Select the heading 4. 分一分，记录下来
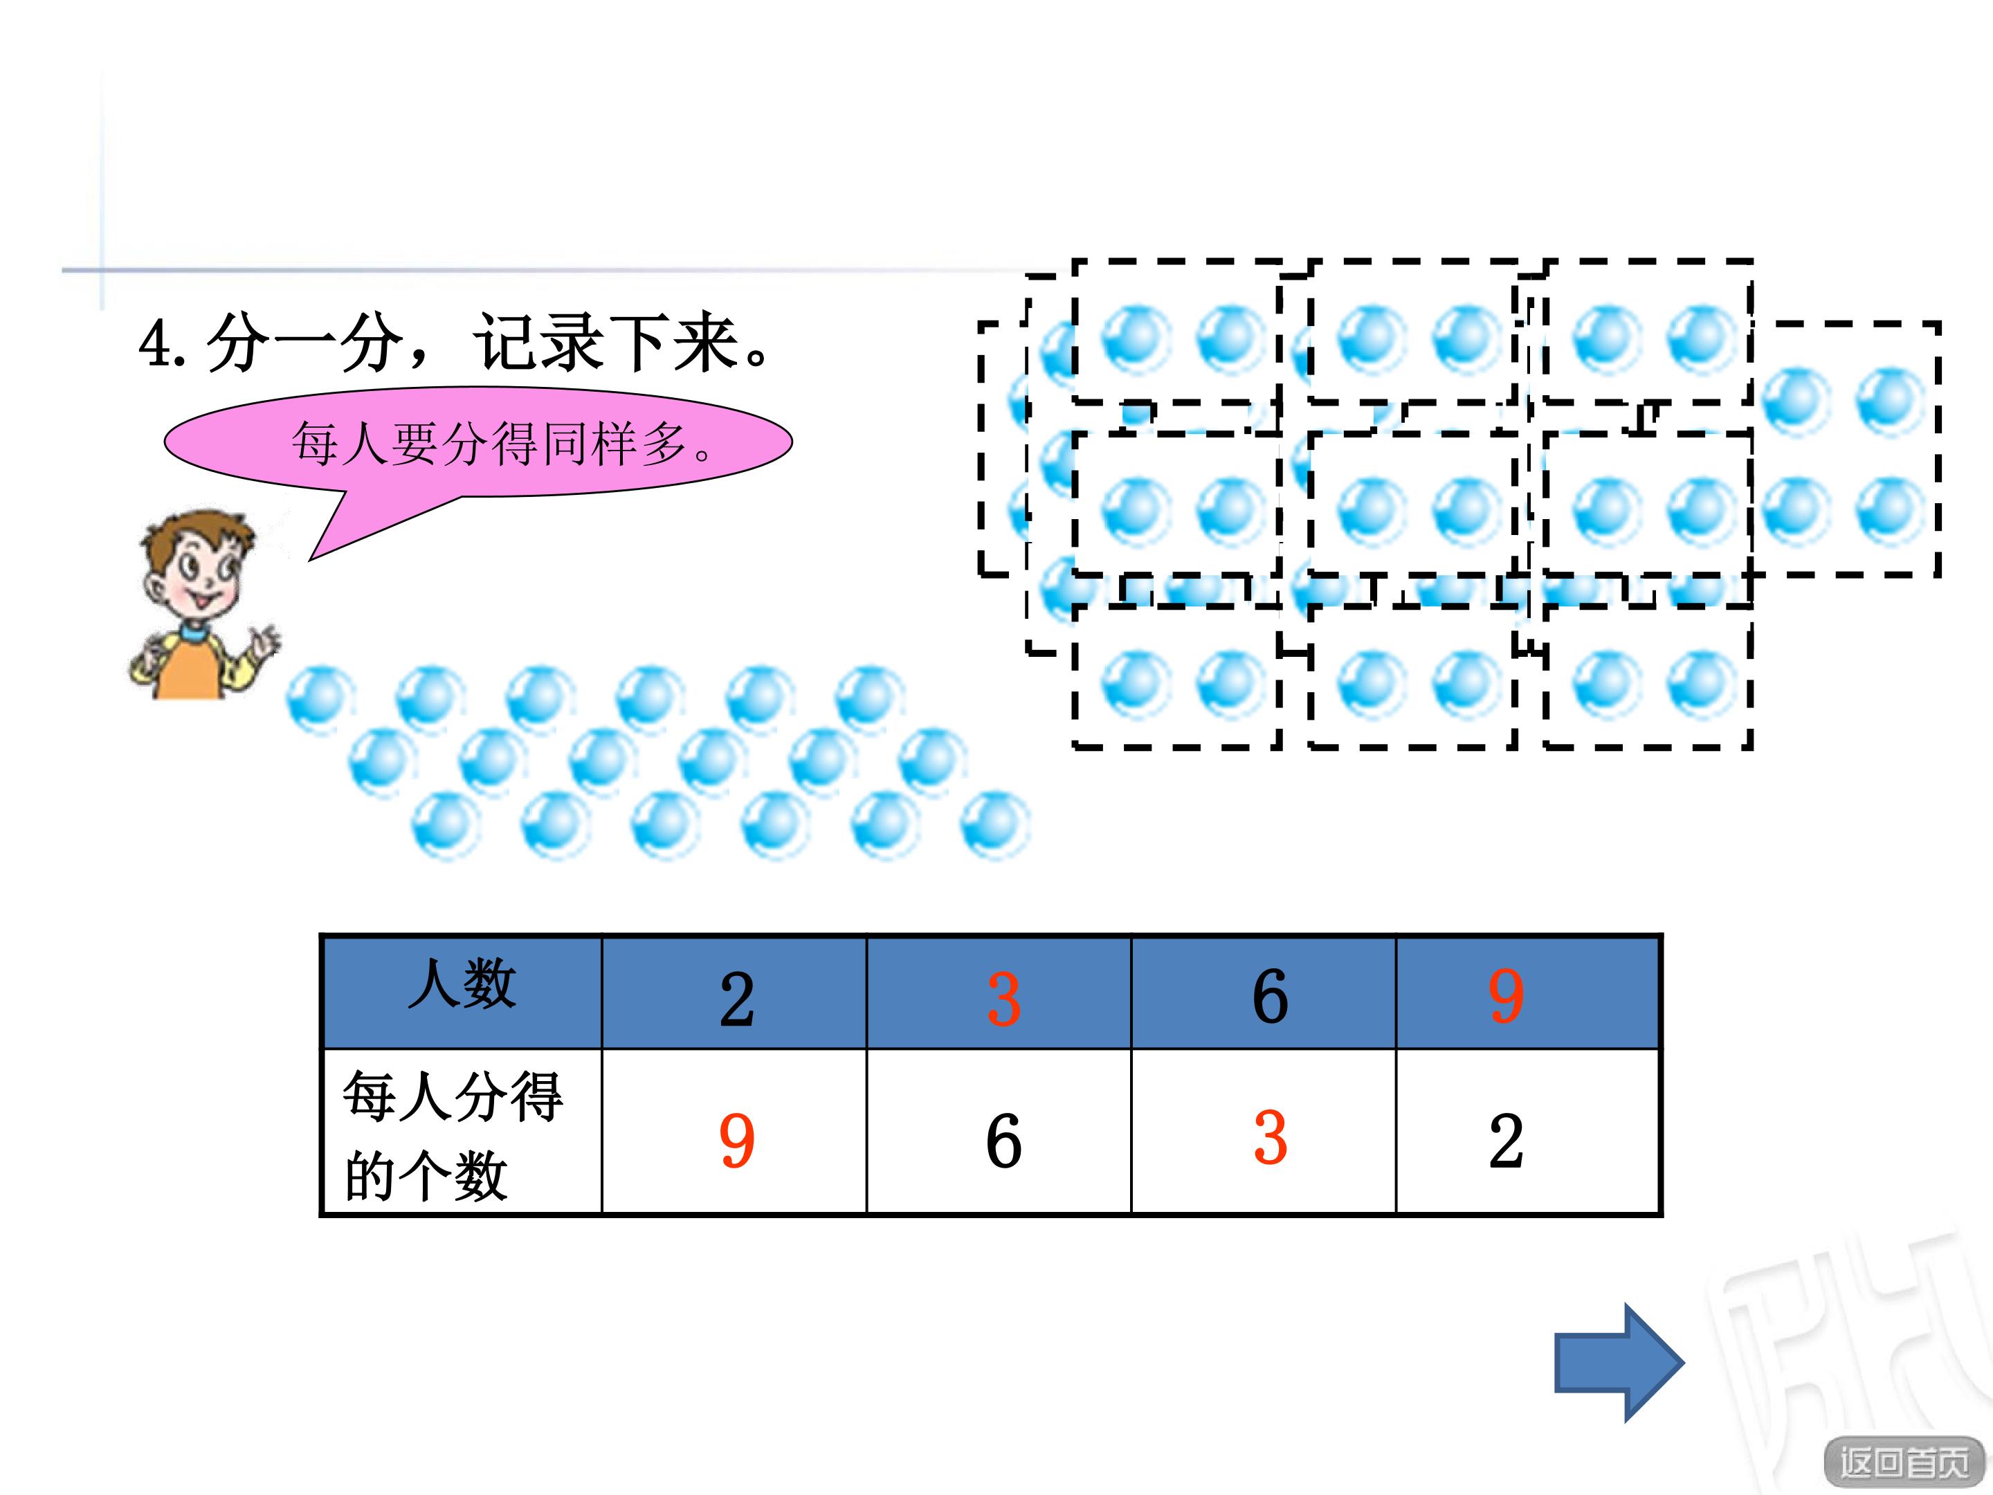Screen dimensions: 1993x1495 coord(455,343)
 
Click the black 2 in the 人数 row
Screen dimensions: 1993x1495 coord(736,999)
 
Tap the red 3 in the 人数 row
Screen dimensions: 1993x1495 coord(1003,999)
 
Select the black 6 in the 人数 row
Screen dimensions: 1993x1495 coord(1270,996)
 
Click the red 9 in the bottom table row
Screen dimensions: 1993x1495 coord(736,1140)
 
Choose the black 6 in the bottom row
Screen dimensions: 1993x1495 coord(1003,1140)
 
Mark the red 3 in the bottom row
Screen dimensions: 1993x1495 coord(1270,1137)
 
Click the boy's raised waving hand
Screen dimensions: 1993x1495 coord(264,642)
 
